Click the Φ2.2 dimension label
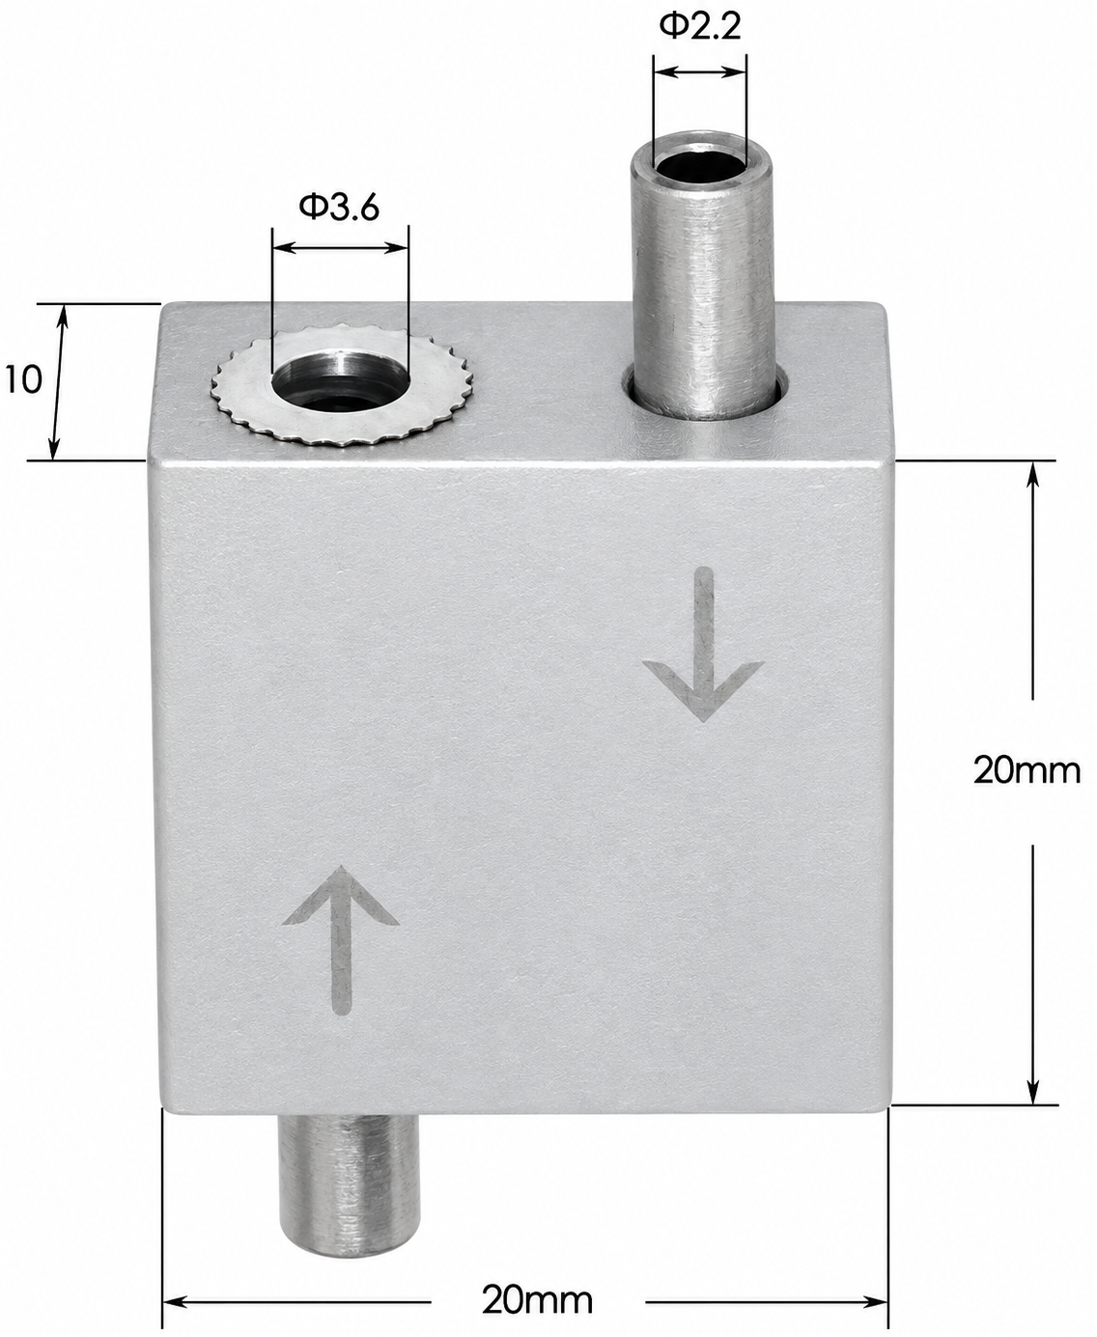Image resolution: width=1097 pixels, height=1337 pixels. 699,27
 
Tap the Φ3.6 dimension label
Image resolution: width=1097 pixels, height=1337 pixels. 339,207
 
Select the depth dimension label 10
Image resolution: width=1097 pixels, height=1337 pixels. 23,379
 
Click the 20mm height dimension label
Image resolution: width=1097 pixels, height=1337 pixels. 1027,770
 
